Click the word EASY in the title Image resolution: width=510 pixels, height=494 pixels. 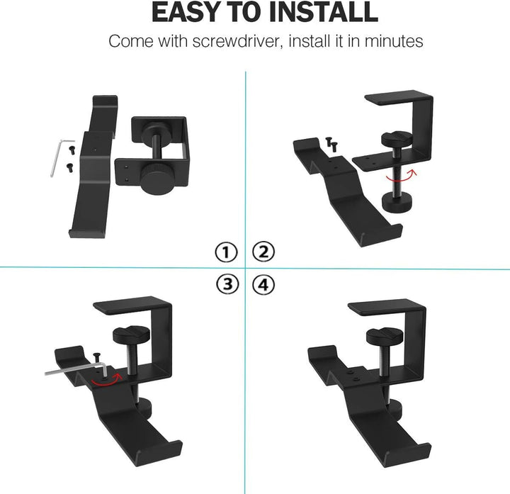click(186, 13)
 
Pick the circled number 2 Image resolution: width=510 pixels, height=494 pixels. click(263, 252)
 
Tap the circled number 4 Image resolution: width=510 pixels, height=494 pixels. click(263, 285)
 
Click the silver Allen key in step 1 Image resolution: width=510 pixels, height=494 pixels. click(57, 157)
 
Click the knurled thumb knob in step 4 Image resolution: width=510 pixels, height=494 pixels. click(382, 339)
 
